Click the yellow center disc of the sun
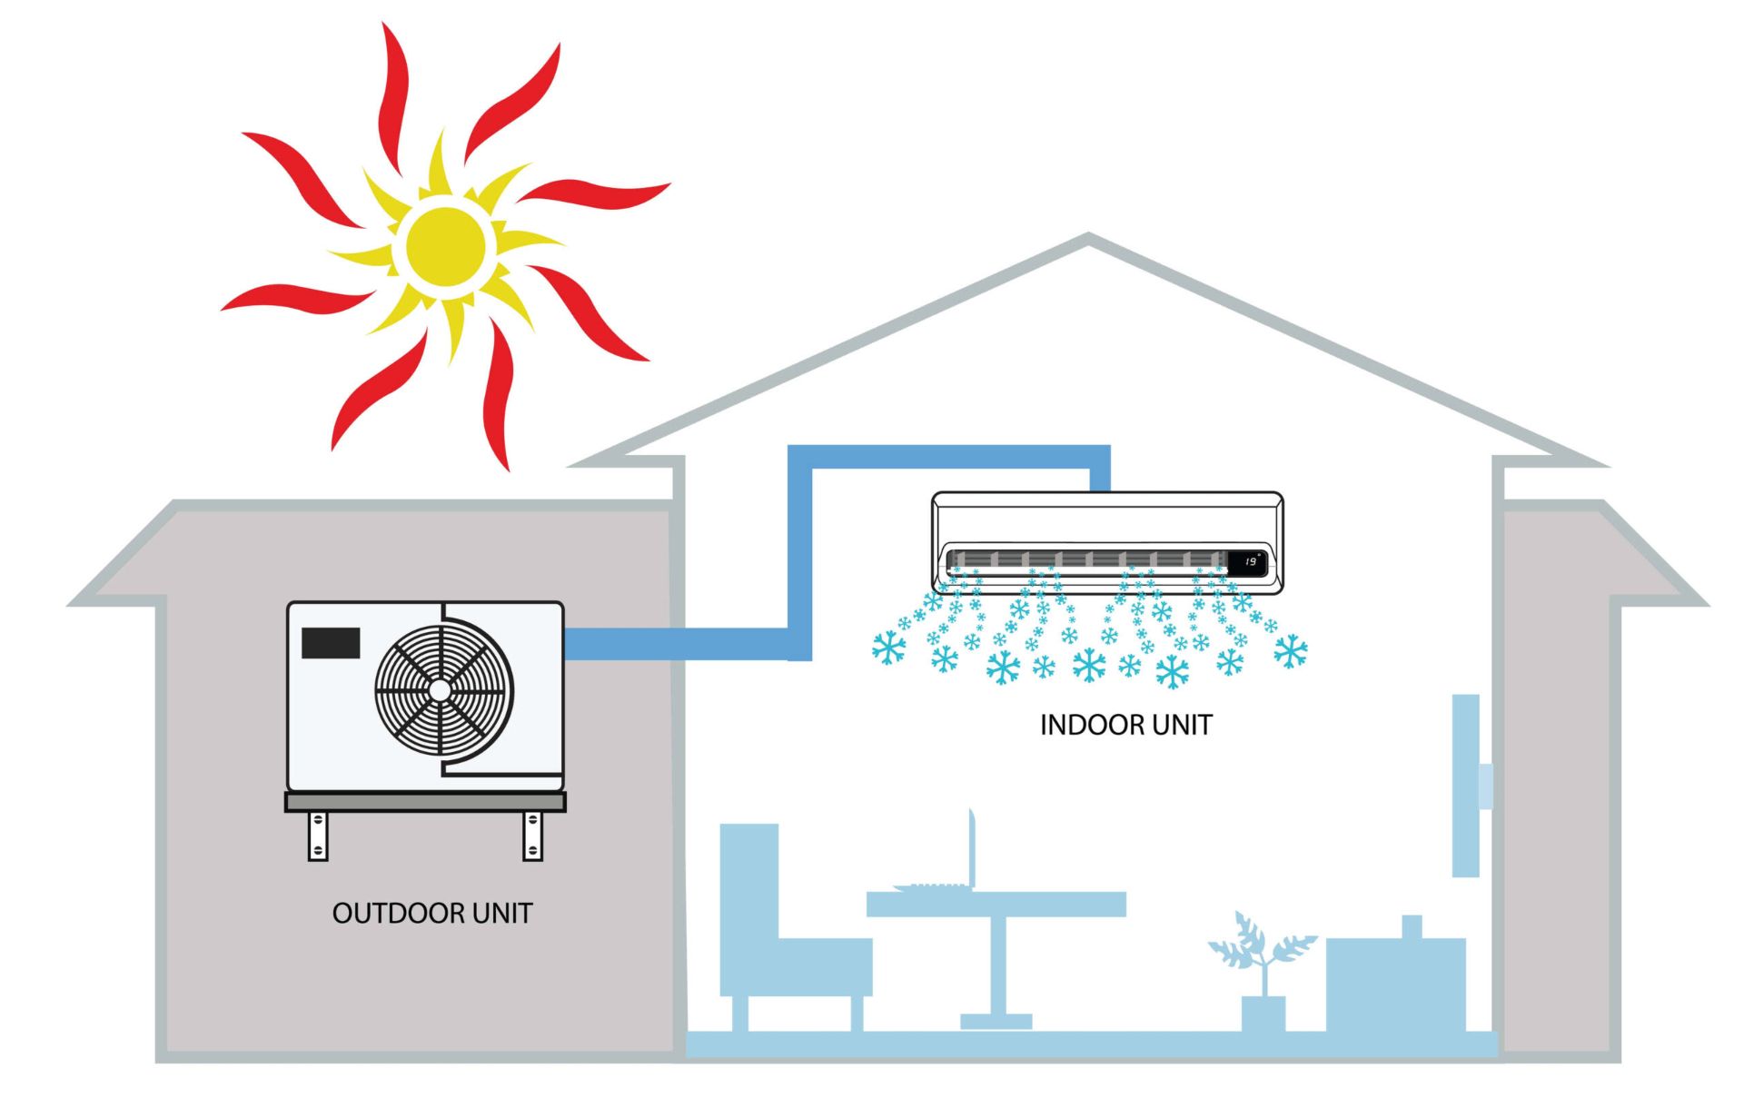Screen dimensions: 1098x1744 [445, 246]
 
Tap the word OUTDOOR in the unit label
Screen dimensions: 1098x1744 [391, 913]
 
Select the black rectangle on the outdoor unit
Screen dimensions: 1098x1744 [331, 643]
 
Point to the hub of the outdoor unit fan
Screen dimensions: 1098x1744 [441, 690]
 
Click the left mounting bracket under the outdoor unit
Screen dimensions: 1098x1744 [318, 836]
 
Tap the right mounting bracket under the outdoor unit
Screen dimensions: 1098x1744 [533, 836]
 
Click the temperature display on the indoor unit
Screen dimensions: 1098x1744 [1250, 562]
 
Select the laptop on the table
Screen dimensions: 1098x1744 [945, 863]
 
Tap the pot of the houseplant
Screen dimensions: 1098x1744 [1263, 1013]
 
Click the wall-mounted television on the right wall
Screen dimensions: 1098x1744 [1465, 786]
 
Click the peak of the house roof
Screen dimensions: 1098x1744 [1088, 240]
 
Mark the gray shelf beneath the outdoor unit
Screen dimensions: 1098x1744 [425, 802]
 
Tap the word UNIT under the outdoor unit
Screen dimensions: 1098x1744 [500, 913]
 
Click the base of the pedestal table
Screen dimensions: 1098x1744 [996, 1022]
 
